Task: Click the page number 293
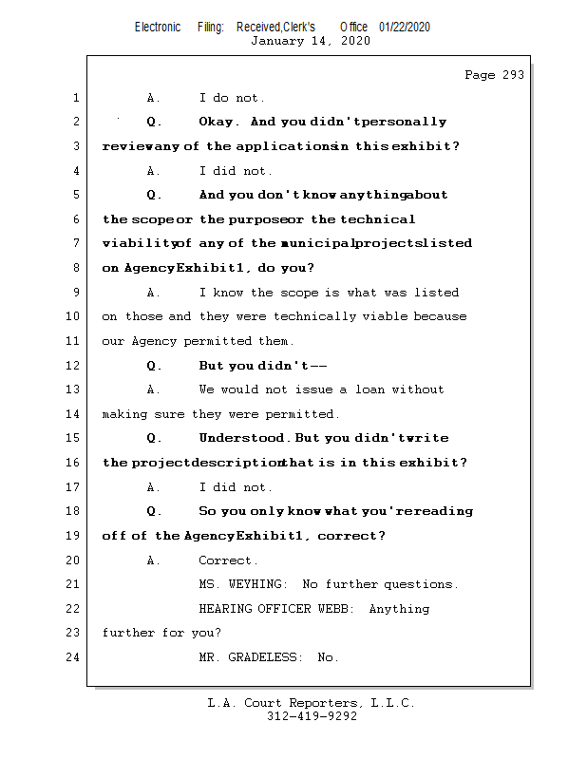(x=508, y=75)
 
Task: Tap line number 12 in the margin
(x=75, y=366)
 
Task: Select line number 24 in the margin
(x=75, y=657)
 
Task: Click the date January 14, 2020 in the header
(x=310, y=41)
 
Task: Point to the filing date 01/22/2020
(x=405, y=27)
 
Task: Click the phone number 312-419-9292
(x=312, y=717)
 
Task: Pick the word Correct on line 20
(x=226, y=560)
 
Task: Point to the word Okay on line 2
(x=218, y=123)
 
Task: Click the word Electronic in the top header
(x=158, y=27)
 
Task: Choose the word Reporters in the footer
(x=320, y=704)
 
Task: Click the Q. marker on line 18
(x=154, y=512)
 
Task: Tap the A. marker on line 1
(x=154, y=98)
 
